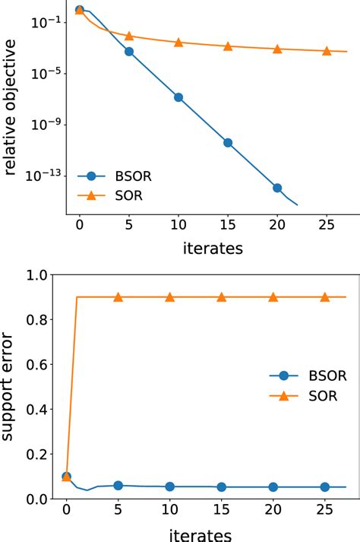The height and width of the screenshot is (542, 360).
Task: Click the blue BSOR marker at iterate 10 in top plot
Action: pyautogui.click(x=178, y=97)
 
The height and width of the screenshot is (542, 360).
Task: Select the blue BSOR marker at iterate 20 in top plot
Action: pyautogui.click(x=277, y=188)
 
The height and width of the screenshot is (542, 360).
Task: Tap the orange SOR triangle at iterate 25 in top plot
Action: pyautogui.click(x=327, y=51)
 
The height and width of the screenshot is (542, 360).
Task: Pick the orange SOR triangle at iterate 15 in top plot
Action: pyautogui.click(x=228, y=46)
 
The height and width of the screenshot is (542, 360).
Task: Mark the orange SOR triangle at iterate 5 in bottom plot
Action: pyautogui.click(x=118, y=297)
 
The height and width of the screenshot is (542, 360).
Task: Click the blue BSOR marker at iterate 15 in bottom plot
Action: pyautogui.click(x=221, y=487)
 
